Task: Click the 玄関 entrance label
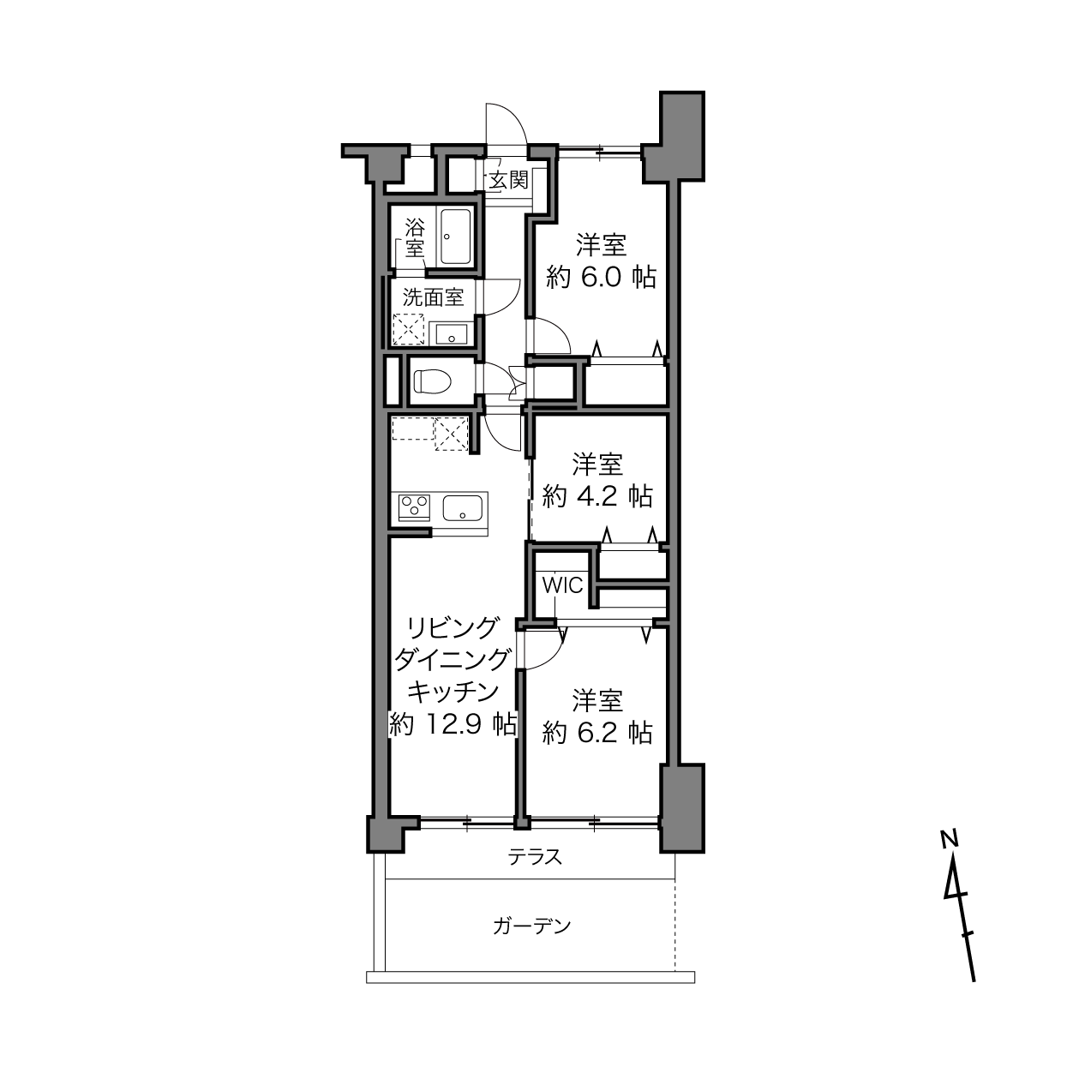[508, 180]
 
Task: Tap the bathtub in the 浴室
[455, 237]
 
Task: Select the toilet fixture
[432, 382]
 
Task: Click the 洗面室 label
[433, 297]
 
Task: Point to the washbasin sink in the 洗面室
[451, 334]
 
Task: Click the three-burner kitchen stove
[414, 507]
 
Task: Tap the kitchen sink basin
[462, 507]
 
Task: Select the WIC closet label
[562, 585]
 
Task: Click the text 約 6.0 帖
[601, 277]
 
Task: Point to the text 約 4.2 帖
[596, 495]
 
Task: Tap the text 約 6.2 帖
[596, 733]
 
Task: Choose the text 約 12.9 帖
[453, 724]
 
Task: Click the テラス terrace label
[535, 856]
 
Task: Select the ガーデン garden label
[531, 926]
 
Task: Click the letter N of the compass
[949, 837]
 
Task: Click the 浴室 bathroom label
[415, 238]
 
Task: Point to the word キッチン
[453, 692]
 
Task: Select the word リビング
[453, 629]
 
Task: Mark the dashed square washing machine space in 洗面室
[408, 329]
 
